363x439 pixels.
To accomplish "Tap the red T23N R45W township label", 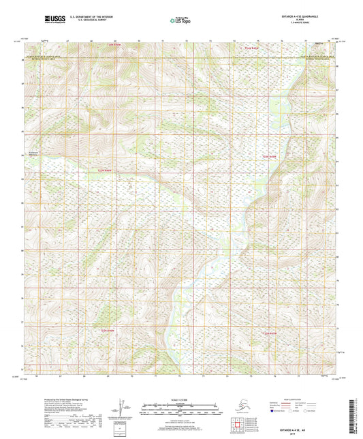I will (270, 157).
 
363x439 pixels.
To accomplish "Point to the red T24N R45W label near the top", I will (253, 48).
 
